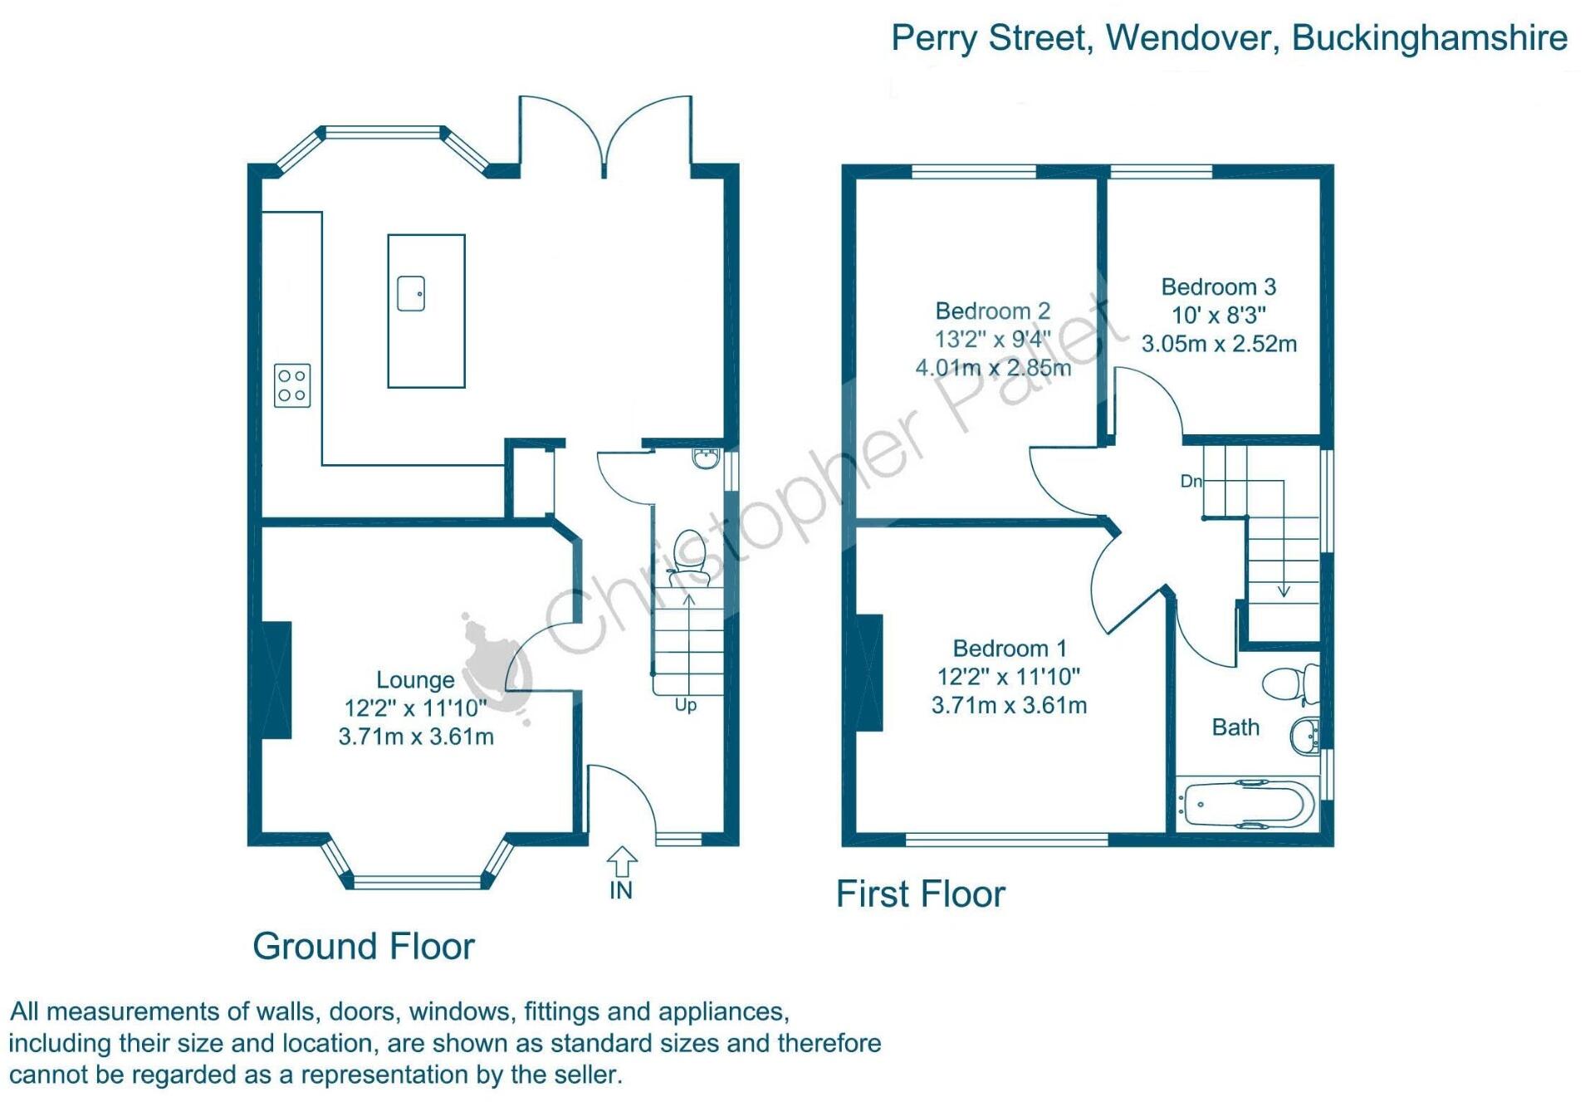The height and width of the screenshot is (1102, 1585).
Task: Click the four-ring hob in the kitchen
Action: coord(292,385)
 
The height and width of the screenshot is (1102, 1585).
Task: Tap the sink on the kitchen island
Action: coord(411,293)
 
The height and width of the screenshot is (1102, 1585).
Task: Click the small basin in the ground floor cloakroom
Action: coord(706,458)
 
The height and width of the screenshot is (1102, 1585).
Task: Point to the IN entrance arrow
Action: coord(621,862)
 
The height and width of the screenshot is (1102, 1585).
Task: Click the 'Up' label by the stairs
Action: coord(686,705)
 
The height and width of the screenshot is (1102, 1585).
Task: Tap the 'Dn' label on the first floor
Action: coord(1191,481)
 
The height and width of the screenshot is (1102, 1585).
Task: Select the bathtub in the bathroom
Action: coord(1247,804)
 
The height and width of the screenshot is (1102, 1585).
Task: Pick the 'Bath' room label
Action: coord(1235,727)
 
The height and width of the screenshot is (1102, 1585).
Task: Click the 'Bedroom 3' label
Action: coord(1218,287)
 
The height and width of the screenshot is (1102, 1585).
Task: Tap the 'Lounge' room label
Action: coord(415,680)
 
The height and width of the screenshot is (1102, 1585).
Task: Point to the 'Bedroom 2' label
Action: coord(993,311)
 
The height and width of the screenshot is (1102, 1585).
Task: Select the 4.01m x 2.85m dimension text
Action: coord(993,367)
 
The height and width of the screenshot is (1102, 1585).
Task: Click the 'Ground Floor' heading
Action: coord(364,946)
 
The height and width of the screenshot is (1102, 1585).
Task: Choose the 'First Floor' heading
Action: coord(920,894)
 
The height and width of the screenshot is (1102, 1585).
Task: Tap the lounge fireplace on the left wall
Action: coord(276,680)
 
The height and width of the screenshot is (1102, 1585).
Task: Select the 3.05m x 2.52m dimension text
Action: coord(1219,344)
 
